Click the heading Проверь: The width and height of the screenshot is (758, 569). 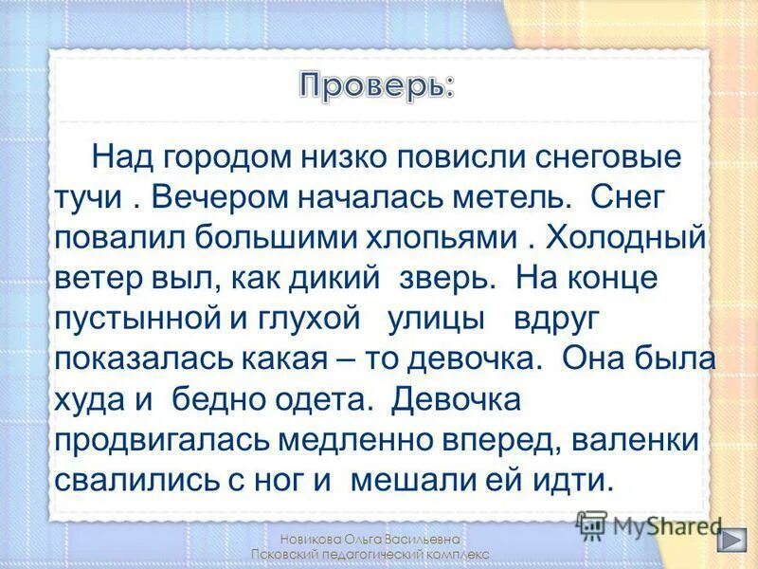coord(377,85)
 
